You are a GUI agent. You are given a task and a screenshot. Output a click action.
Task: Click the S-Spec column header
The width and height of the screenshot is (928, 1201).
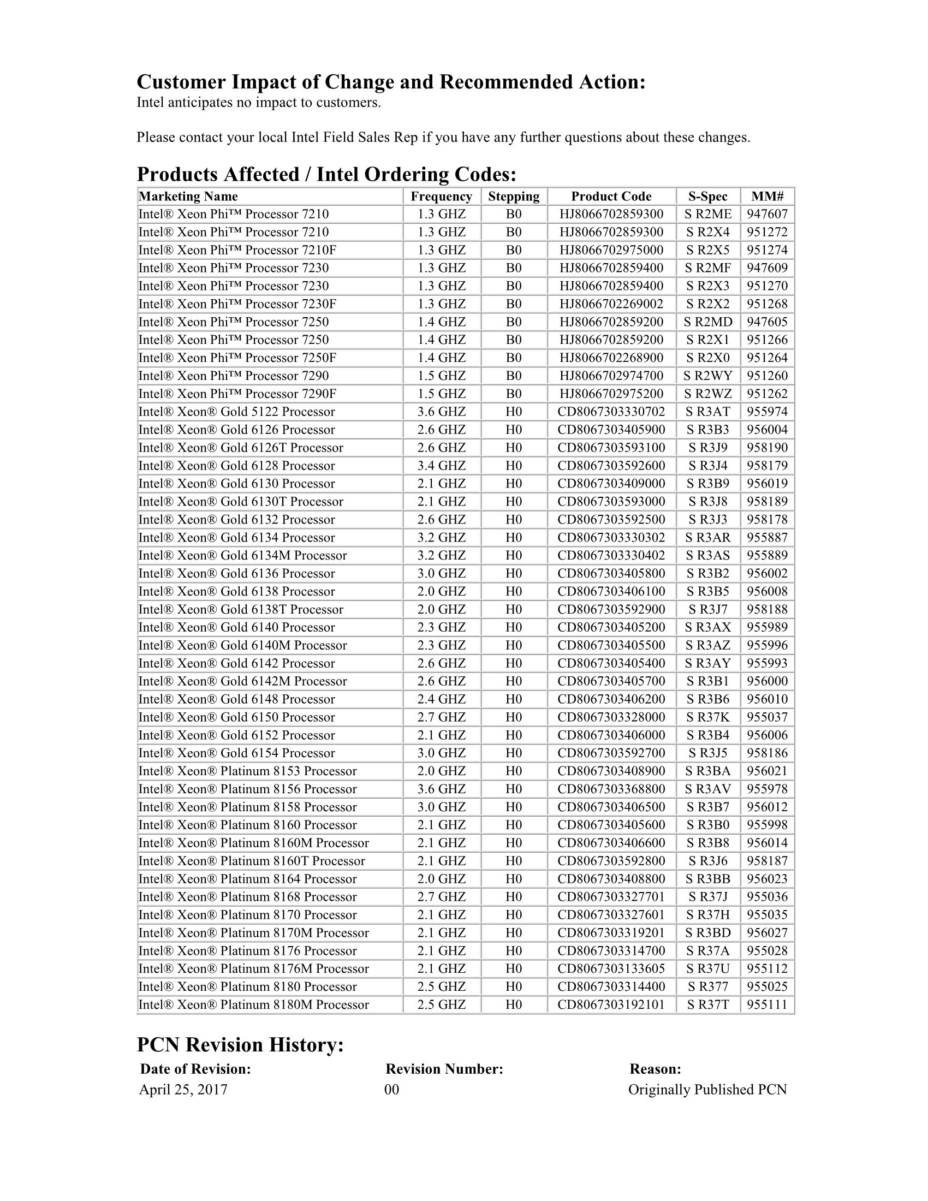pos(707,197)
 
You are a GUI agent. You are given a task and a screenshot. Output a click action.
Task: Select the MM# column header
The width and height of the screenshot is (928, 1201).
pos(768,197)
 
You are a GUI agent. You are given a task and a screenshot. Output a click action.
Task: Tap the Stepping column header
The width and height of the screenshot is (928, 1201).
pos(514,197)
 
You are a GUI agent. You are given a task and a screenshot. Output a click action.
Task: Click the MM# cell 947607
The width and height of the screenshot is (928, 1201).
pos(767,214)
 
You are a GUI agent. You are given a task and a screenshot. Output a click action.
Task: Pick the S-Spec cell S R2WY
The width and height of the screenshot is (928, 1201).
pos(707,376)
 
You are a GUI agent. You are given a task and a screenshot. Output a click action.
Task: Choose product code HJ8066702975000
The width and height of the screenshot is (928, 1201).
pos(611,250)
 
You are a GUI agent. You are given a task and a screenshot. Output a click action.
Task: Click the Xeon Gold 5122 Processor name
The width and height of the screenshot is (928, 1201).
pos(236,412)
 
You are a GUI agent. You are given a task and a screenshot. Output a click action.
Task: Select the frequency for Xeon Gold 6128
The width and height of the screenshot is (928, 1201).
pos(441,466)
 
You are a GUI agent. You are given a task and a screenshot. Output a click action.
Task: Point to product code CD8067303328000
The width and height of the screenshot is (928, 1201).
pos(611,717)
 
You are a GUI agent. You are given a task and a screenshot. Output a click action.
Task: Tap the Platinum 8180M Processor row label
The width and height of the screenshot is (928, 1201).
pos(253,1004)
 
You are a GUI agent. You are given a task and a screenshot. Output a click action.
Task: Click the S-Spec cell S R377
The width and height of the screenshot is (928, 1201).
pos(707,986)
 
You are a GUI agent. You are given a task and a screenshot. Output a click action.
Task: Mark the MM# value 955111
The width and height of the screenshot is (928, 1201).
pos(767,1004)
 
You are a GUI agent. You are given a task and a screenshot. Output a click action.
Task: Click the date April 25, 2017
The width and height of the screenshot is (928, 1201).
pos(183,1090)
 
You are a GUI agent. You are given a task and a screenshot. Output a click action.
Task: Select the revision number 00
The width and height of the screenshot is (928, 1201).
pos(391,1090)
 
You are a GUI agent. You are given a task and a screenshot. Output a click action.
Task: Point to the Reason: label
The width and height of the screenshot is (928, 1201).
pos(655,1068)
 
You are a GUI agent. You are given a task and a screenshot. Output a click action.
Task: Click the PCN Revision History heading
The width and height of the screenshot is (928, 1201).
pos(240,1044)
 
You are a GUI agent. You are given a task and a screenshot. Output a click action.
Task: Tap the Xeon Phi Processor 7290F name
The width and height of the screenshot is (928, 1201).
pos(237,394)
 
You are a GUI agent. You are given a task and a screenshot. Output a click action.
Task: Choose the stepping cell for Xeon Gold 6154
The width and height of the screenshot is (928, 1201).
pos(514,753)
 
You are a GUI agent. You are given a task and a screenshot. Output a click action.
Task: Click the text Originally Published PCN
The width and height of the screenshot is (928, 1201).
pos(707,1090)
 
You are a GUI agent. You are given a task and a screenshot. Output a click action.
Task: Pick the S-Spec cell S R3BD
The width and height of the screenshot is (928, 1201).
pos(707,932)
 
